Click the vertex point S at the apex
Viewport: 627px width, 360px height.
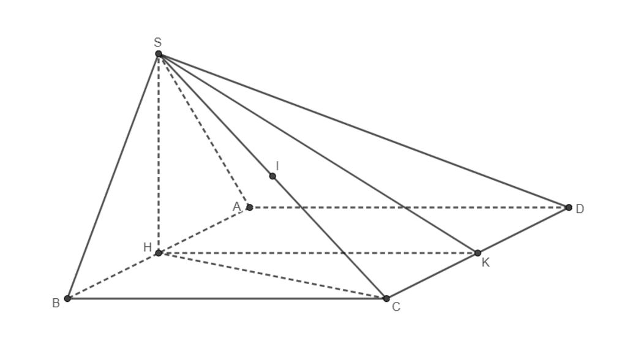159,54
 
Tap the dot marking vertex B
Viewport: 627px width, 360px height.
67,298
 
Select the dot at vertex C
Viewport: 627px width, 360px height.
386,298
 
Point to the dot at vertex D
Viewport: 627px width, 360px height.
569,207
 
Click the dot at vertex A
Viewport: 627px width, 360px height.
250,207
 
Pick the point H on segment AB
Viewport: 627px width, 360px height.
159,253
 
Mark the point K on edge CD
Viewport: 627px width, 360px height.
478,253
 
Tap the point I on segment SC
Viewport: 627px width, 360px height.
272,176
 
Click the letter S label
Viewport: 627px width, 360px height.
157,42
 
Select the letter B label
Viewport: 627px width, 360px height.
56,303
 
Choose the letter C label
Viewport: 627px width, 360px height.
396,307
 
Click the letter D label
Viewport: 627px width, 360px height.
580,209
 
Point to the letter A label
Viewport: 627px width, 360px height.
237,207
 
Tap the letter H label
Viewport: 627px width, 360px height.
147,247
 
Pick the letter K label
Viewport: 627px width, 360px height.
486,263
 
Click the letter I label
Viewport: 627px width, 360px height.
277,165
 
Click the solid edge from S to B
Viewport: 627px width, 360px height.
113,176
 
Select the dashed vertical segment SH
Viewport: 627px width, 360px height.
159,154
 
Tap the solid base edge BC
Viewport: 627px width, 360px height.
227,298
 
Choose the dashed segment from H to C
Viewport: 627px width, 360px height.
272,276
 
